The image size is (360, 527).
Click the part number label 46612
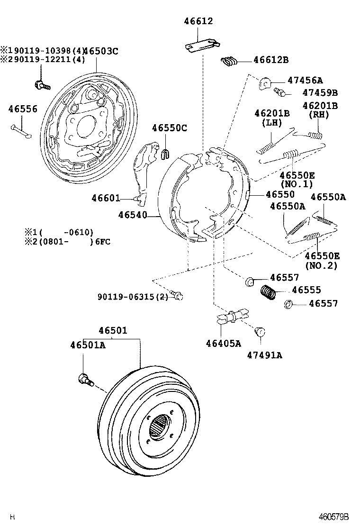198,21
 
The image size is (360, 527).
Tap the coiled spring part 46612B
230,61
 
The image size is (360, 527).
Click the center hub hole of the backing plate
86,125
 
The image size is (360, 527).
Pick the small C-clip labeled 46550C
166,153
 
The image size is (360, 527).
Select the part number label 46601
106,199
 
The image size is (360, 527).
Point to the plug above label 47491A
260,331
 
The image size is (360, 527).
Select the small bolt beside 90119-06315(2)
177,296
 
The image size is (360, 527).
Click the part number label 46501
113,330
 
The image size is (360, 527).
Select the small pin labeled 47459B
279,92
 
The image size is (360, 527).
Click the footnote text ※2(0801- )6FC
67,242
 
